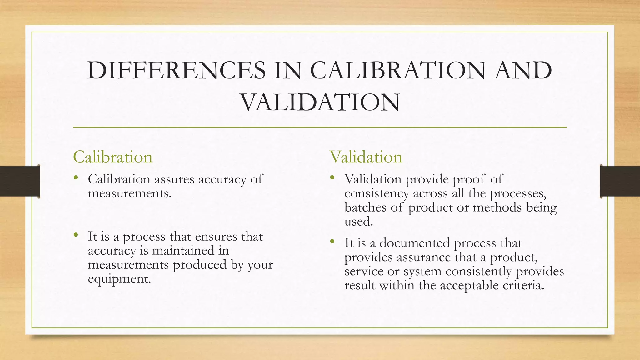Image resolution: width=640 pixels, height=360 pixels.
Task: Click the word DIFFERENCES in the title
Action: [x=177, y=71]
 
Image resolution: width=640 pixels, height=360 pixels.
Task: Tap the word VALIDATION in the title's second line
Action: [x=320, y=103]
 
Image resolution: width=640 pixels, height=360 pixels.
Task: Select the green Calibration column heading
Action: [x=112, y=157]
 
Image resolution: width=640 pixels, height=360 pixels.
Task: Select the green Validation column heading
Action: [x=366, y=157]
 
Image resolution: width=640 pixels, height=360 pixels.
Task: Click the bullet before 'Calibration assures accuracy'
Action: [x=76, y=178]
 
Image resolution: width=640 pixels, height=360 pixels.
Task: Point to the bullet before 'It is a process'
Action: [x=76, y=235]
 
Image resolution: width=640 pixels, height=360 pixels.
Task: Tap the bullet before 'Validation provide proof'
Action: [x=332, y=178]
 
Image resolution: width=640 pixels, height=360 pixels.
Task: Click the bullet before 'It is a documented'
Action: [x=332, y=242]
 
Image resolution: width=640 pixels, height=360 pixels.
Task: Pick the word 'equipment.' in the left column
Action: [x=119, y=279]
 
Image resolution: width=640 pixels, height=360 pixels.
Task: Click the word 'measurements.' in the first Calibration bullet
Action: [x=130, y=193]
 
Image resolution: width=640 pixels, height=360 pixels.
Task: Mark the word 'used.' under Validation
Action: [x=359, y=222]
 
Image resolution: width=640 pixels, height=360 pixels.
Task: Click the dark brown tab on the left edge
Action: [x=20, y=181]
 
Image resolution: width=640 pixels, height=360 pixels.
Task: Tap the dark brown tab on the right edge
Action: [x=620, y=181]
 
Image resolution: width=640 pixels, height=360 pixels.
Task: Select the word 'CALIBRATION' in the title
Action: [x=398, y=71]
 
